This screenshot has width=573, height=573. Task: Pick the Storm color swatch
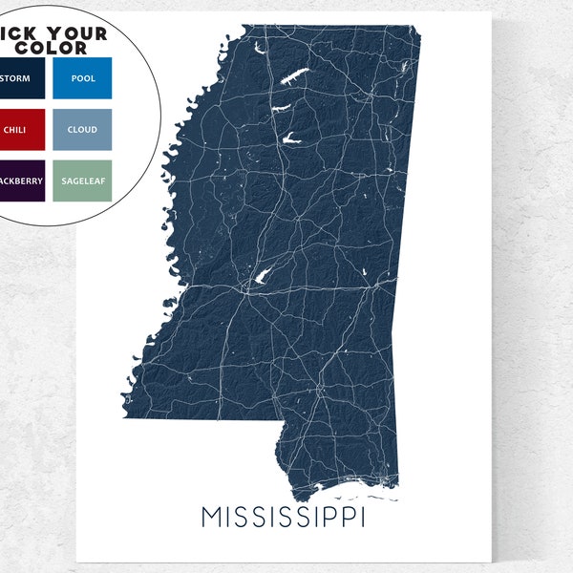(x=21, y=77)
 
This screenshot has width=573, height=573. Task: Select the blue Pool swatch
(x=82, y=77)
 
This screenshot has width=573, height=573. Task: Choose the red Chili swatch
(x=21, y=129)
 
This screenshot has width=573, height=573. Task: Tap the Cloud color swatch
(x=82, y=129)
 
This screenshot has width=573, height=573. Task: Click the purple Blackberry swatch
(x=21, y=180)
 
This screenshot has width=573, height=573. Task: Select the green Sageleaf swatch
(x=82, y=180)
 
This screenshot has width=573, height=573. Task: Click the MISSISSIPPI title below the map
(x=284, y=517)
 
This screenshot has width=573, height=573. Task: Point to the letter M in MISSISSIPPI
(x=212, y=517)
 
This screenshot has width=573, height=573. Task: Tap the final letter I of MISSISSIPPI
(x=365, y=517)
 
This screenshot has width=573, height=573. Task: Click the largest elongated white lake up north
(x=292, y=77)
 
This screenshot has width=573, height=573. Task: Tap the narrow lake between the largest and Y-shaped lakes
(x=284, y=107)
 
